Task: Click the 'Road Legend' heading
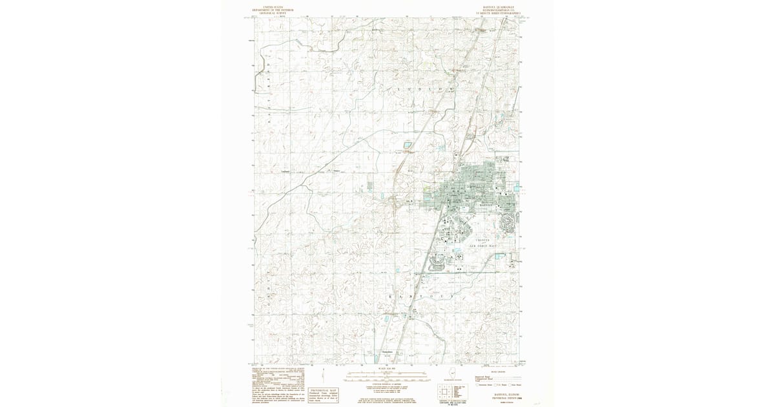[497, 371]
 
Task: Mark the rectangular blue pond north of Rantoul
[408, 145]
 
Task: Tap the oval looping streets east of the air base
[509, 224]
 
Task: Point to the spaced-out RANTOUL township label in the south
[417, 294]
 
